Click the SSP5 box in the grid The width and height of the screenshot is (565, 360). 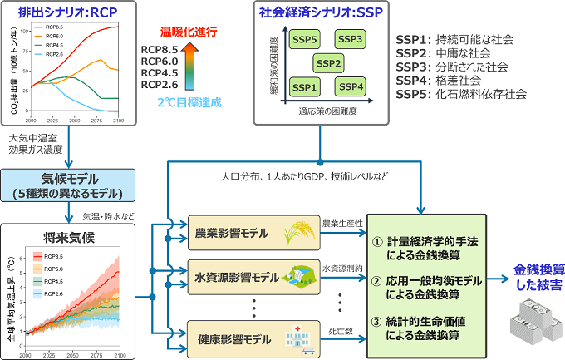pos(305,40)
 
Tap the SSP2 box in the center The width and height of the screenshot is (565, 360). pos(328,63)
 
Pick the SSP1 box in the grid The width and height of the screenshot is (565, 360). pos(305,86)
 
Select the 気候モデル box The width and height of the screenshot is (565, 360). pos(63,185)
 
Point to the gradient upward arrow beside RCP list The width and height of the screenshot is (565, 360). pos(191,67)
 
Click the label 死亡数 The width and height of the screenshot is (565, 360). pos(339,331)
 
